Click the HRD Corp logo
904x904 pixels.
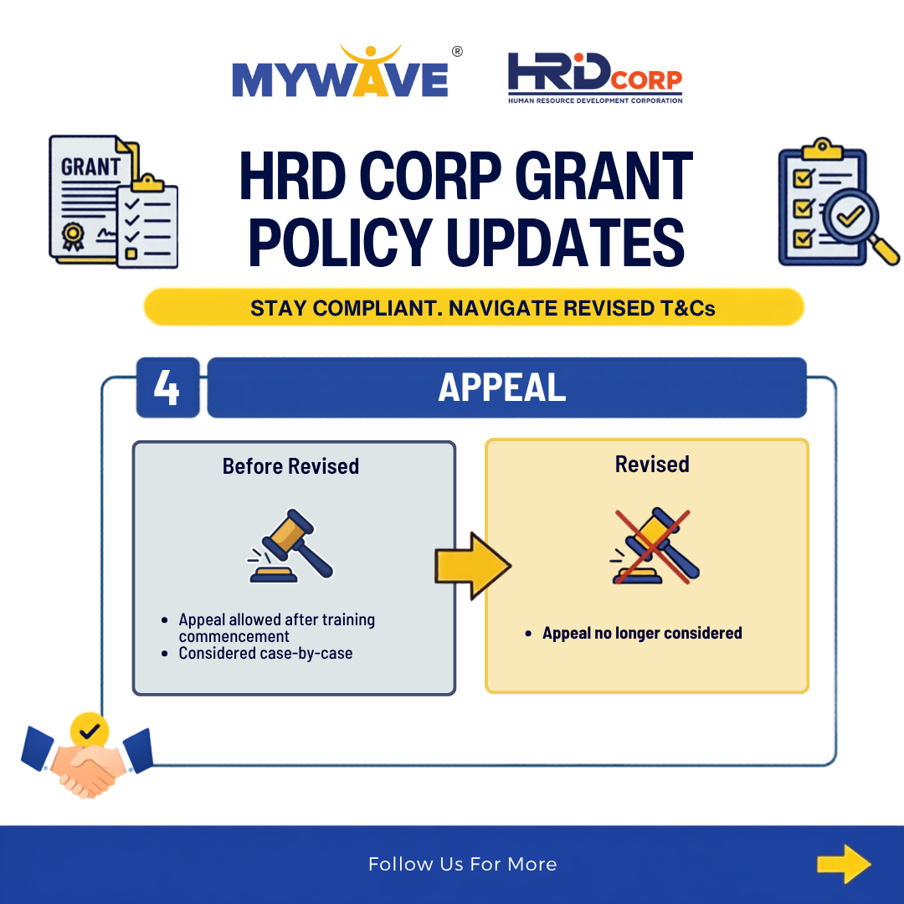595,78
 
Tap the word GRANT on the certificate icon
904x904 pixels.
90,167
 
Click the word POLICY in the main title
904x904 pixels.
340,243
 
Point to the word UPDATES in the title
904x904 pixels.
565,243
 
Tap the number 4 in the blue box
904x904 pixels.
167,388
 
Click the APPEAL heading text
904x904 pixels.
501,388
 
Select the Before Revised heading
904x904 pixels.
290,466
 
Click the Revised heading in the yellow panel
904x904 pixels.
652,464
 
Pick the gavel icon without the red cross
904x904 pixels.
290,546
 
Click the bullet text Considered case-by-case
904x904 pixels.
265,653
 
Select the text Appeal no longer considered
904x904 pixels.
642,633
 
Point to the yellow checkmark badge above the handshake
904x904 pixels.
90,731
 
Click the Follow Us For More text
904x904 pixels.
462,864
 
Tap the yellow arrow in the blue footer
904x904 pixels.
844,864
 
